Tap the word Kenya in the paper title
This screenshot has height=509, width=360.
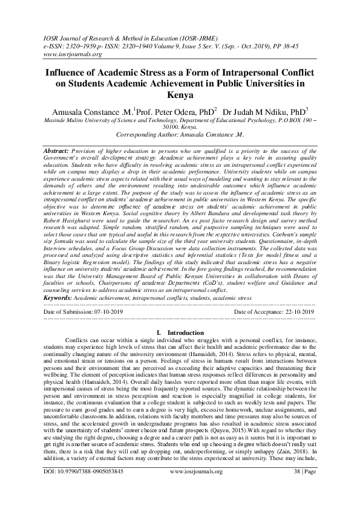point(180,96)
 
